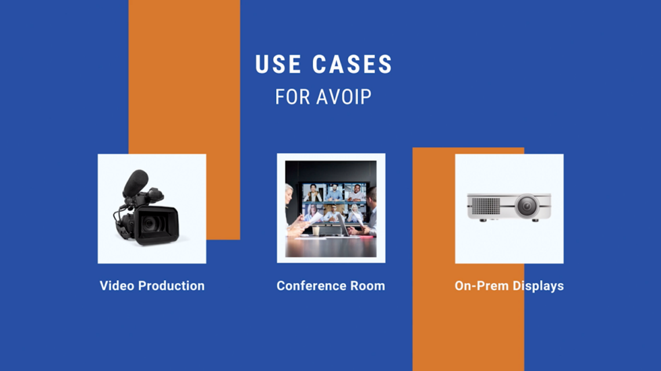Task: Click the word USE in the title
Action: [278, 65]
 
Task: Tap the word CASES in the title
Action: [352, 65]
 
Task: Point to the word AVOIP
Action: [344, 96]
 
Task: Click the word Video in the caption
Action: [117, 286]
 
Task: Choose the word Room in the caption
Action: [368, 286]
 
